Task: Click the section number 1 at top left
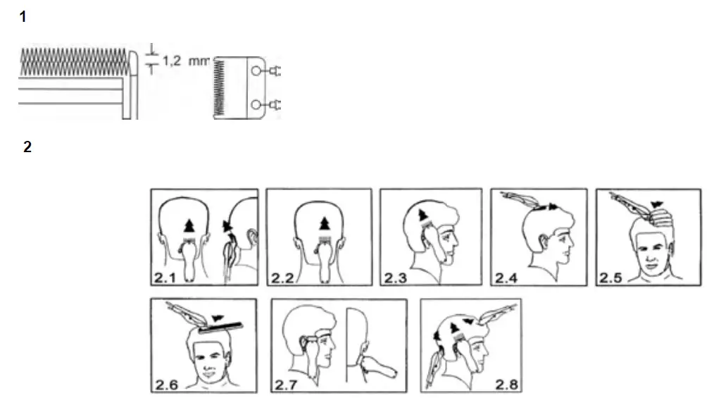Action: point(23,17)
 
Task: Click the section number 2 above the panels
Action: point(27,147)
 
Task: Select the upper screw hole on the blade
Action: point(258,70)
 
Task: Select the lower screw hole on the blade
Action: point(258,106)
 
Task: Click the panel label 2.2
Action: point(282,277)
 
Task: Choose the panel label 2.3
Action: point(396,277)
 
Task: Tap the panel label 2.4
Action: point(506,277)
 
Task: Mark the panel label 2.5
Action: point(610,277)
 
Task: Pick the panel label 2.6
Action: point(166,385)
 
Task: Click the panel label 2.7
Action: point(287,385)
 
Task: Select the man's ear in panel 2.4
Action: point(543,243)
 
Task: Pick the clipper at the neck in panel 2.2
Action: point(325,261)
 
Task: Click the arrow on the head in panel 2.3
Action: point(422,214)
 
